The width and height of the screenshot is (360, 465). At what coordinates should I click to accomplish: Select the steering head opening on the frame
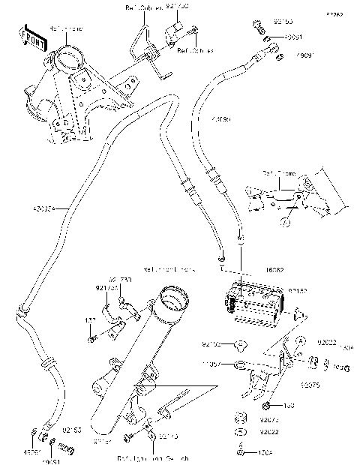pyautogui.click(x=66, y=58)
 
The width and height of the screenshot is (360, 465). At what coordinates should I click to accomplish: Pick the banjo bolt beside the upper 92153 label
pyautogui.click(x=258, y=25)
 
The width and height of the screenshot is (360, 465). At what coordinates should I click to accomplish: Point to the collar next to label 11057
pyautogui.click(x=238, y=366)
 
